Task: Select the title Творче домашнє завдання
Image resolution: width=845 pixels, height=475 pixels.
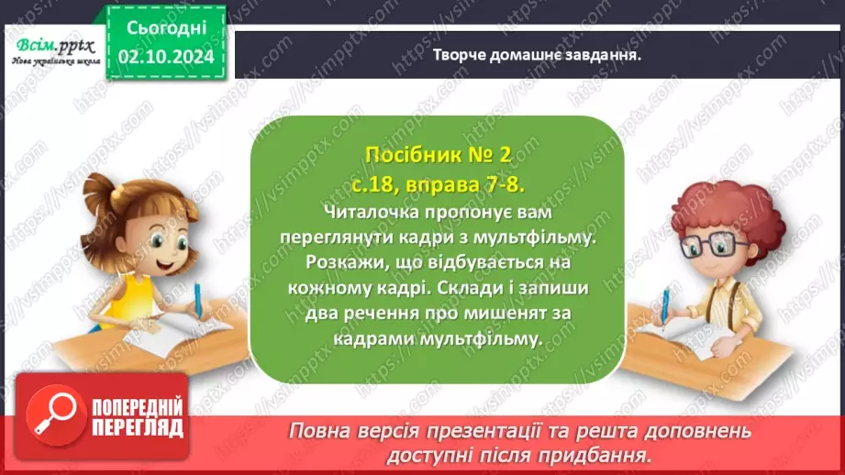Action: tap(536, 53)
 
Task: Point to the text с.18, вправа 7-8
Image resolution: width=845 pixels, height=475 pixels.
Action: tap(436, 186)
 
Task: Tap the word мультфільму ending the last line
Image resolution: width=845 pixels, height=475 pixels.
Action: tap(492, 337)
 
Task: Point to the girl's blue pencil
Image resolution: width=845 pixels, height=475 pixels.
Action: tap(197, 298)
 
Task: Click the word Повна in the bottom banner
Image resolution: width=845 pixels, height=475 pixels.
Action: tap(317, 431)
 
